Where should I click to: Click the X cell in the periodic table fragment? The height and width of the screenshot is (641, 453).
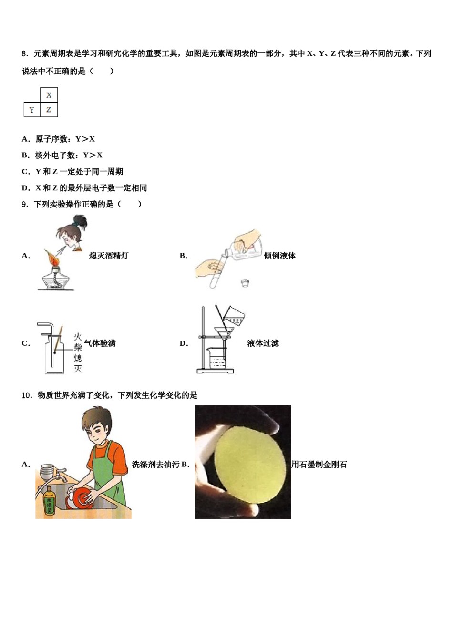tap(49, 95)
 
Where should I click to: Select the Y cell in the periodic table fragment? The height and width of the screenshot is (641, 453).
tap(32, 110)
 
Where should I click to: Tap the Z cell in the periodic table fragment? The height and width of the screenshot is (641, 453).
tap(49, 110)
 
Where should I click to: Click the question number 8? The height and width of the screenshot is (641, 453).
tap(25, 54)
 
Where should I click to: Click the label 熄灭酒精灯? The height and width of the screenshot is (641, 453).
tap(109, 256)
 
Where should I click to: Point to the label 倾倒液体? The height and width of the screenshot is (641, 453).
tap(279, 256)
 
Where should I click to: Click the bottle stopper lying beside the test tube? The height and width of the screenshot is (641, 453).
tap(245, 283)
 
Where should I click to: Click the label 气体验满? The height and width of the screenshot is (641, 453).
tap(100, 343)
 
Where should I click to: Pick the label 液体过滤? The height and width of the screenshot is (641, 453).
tap(263, 343)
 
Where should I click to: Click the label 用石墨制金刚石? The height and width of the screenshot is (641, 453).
tap(319, 465)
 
